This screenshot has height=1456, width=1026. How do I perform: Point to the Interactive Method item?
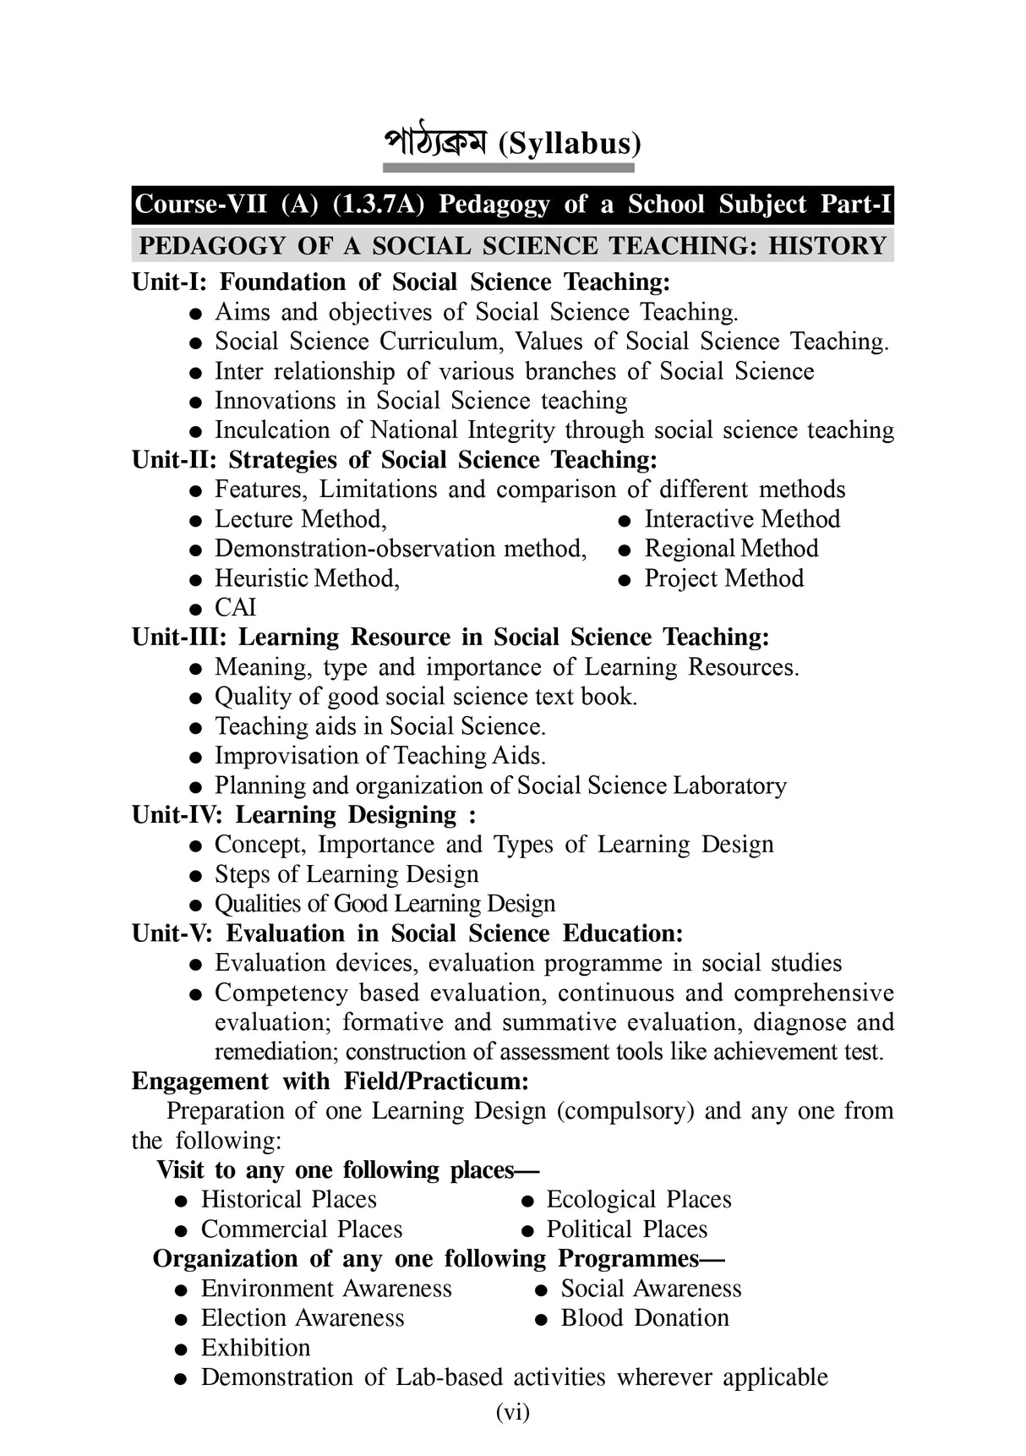pos(741,519)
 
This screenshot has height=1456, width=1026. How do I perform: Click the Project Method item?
pos(723,578)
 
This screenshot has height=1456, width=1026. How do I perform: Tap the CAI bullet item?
pos(235,608)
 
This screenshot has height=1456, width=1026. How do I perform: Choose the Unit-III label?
pos(180,638)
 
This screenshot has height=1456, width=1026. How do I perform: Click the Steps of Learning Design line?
pos(346,874)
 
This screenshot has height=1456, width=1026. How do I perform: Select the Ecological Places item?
pos(638,1200)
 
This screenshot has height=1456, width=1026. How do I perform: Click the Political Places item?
pos(626,1229)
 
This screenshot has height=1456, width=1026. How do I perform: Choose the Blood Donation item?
pos(644,1318)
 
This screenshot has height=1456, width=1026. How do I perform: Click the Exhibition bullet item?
pos(255,1348)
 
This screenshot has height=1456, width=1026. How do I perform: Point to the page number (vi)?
pos(513,1411)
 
